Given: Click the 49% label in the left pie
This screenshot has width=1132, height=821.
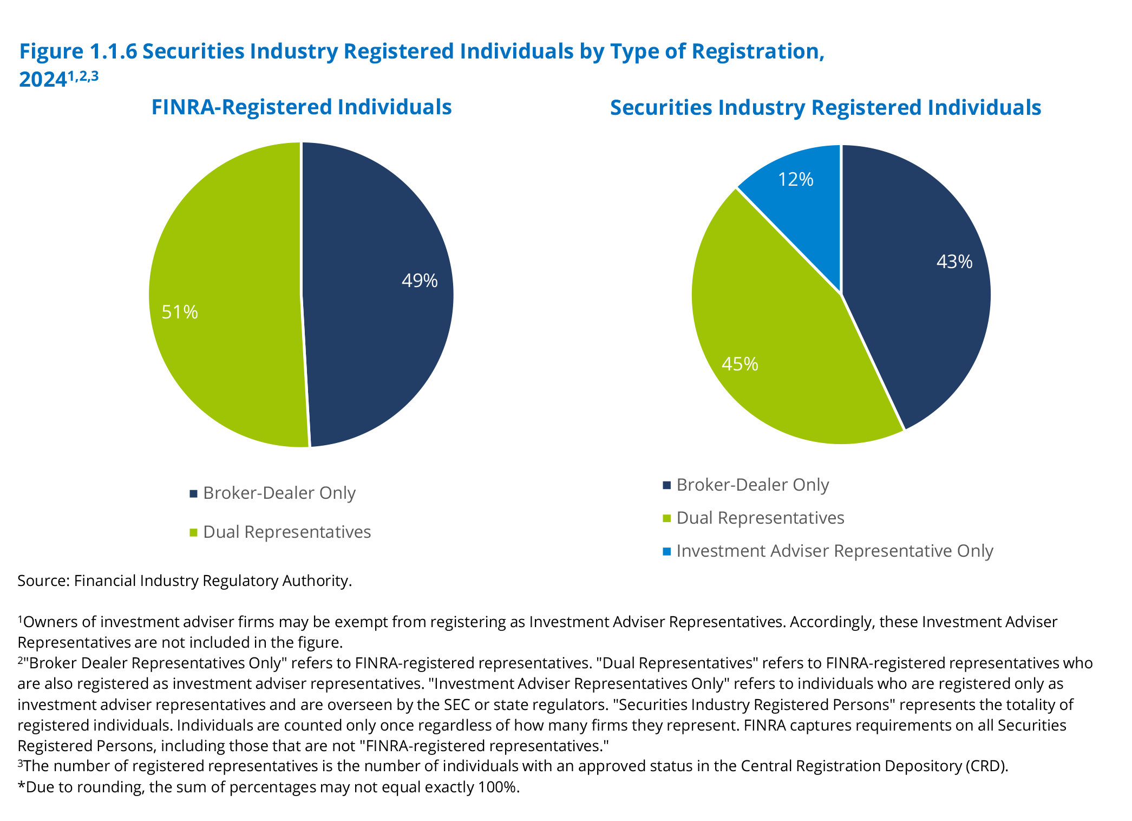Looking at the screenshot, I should pos(420,281).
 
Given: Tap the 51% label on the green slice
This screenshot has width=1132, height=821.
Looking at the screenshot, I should pos(180,312).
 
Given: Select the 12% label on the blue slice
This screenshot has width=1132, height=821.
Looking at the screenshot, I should pos(795,179).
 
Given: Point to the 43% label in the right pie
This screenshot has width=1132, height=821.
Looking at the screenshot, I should pos(954,262).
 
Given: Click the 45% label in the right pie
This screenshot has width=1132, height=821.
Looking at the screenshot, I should pos(740,364).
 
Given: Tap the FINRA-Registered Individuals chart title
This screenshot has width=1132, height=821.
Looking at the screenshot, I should pos(301,107).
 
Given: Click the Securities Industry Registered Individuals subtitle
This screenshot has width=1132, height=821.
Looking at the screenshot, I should pos(825,108).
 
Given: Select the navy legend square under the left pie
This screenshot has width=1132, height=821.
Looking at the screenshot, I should pos(193,493).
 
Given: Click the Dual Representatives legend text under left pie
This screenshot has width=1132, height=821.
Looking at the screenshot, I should pos(287,532).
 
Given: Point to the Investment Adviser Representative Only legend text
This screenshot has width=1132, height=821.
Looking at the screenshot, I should pos(834,551).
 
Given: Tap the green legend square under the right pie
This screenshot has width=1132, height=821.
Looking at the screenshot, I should pos(667,518).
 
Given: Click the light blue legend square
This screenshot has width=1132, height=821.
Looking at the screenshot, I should pos(667,551).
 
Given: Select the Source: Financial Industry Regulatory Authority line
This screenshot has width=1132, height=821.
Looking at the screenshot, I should pos(185,581).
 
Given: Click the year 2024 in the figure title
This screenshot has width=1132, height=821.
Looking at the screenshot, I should pos(42,80).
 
